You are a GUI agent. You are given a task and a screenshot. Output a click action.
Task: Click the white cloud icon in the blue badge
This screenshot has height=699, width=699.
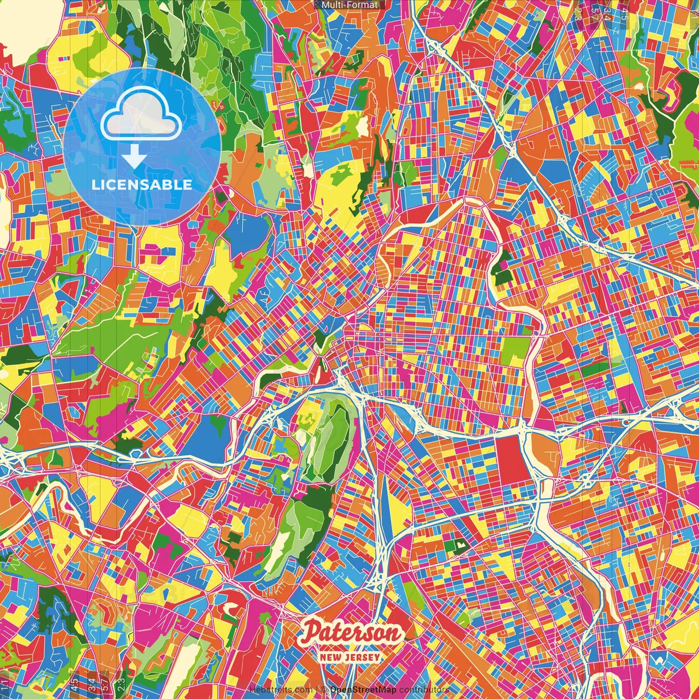tap(141, 115)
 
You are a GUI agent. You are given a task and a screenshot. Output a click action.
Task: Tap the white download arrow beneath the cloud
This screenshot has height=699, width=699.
tap(134, 159)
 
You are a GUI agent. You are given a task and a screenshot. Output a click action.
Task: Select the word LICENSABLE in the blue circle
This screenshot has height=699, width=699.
tap(142, 185)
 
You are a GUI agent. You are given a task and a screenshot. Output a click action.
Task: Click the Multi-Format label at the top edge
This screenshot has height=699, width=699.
tap(349, 5)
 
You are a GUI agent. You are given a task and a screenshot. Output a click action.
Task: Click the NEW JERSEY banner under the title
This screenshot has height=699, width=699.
tap(350, 657)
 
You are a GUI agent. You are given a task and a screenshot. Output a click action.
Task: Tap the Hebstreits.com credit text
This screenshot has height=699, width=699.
tap(281, 690)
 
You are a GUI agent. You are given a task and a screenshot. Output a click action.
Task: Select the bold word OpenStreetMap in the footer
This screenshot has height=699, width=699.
tap(363, 690)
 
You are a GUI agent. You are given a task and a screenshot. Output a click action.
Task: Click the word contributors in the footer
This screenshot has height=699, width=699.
tap(424, 690)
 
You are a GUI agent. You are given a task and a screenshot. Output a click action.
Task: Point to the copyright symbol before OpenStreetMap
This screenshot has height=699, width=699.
tap(324, 690)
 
